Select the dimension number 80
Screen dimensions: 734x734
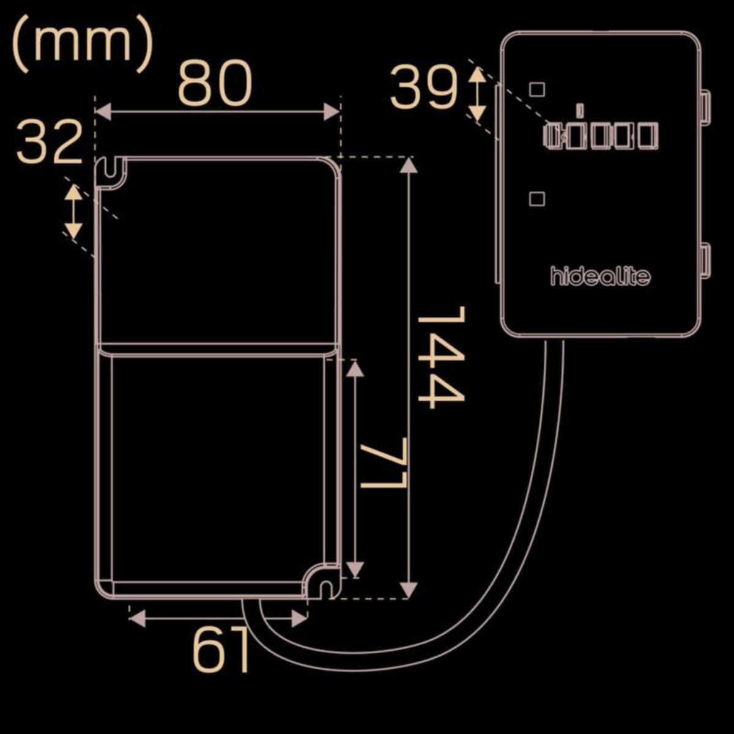[x=215, y=84]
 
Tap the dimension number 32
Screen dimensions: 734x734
[x=50, y=141]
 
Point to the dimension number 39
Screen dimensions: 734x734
[x=423, y=86]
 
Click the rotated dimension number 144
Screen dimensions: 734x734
[x=442, y=358]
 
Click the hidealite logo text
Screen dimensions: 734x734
[x=601, y=276]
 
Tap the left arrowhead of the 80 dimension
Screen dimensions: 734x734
[x=103, y=111]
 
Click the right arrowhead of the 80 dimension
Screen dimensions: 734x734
[x=332, y=111]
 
